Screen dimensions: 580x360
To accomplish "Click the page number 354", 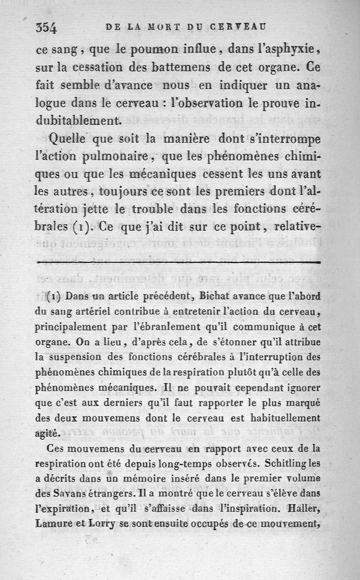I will [x=46, y=28].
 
